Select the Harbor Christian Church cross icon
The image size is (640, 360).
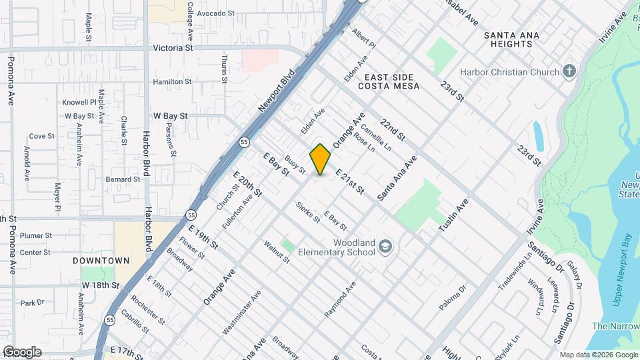[x=569, y=71]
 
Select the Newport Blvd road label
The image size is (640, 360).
[x=276, y=92]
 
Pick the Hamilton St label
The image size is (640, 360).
[x=173, y=81]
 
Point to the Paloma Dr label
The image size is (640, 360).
[x=451, y=298]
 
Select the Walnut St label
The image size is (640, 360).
[x=277, y=252]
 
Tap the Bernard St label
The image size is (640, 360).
[x=123, y=179]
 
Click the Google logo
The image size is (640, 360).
[x=22, y=351]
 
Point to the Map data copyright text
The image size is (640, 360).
[x=598, y=355]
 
